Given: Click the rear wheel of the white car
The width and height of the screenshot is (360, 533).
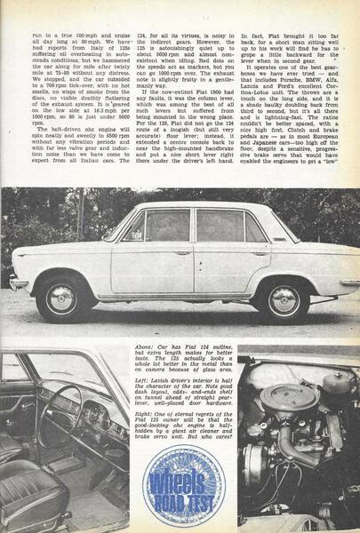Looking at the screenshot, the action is (x=284, y=300).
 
